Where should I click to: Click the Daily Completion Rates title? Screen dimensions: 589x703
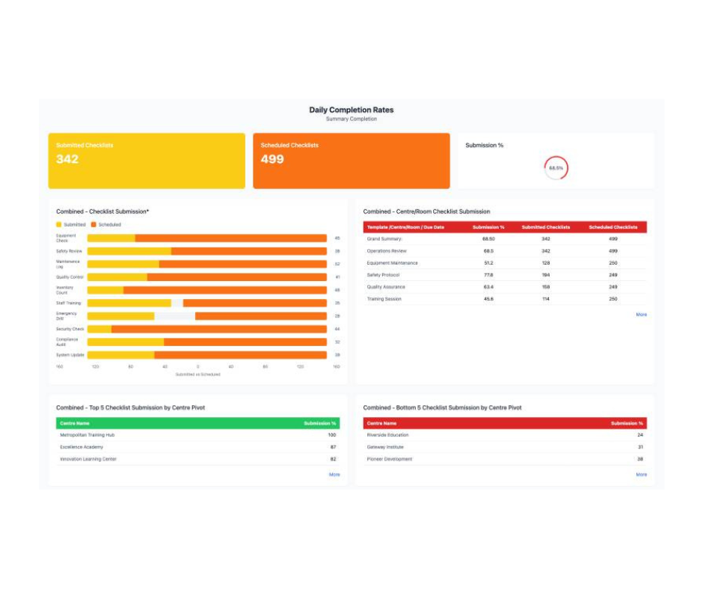pyautogui.click(x=351, y=110)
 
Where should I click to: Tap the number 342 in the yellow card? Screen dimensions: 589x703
pyautogui.click(x=67, y=159)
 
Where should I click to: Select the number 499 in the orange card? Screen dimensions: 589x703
pyautogui.click(x=272, y=159)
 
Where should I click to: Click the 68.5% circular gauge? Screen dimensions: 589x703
pyautogui.click(x=556, y=168)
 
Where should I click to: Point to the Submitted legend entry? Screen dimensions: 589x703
pyautogui.click(x=71, y=224)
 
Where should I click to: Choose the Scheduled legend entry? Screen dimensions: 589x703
pyautogui.click(x=105, y=224)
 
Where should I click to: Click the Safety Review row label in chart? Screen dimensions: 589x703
pyautogui.click(x=70, y=251)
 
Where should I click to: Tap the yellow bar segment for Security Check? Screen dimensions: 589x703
pyautogui.click(x=99, y=329)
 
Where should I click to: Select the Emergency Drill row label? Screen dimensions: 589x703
pyautogui.click(x=67, y=316)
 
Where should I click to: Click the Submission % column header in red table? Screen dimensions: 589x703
pyautogui.click(x=488, y=227)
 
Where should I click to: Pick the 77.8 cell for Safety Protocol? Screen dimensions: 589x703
pyautogui.click(x=488, y=275)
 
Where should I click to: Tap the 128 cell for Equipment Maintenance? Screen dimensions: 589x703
pyautogui.click(x=546, y=263)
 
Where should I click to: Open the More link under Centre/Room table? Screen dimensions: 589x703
pyautogui.click(x=641, y=315)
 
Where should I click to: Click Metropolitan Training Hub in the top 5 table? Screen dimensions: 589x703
pyautogui.click(x=88, y=435)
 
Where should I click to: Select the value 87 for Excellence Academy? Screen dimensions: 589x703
pyautogui.click(x=333, y=447)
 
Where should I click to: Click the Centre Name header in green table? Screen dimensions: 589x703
pyautogui.click(x=75, y=423)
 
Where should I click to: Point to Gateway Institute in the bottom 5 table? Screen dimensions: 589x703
pyautogui.click(x=385, y=447)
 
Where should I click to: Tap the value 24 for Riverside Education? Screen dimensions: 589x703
pyautogui.click(x=640, y=435)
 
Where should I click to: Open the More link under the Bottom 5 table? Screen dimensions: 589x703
pyautogui.click(x=641, y=475)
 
